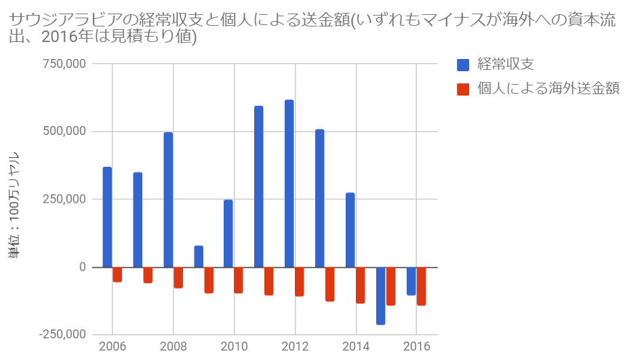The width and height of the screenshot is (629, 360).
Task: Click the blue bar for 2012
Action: pos(289,183)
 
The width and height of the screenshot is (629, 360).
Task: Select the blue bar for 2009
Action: pos(199,256)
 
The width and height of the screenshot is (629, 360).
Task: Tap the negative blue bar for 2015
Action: pos(380,296)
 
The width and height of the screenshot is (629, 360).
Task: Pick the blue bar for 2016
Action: pos(411,281)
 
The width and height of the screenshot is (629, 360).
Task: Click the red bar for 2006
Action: pos(117,274)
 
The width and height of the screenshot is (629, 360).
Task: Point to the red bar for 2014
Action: pos(360,285)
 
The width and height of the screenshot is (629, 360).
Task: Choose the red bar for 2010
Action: pos(239,279)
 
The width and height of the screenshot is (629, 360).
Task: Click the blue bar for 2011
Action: pos(259,186)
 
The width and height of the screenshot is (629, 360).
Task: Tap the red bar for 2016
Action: pos(421,286)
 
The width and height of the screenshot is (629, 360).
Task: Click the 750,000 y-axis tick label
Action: pos(65,64)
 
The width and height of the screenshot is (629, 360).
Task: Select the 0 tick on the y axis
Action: pos(82,267)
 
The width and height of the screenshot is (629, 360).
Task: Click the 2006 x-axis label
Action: pos(113,347)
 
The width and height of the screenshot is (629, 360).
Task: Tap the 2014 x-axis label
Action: pos(356,347)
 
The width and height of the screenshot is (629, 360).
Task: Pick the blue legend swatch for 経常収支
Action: pos(464,65)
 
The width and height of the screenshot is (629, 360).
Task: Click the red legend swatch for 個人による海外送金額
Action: pos(464,89)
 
